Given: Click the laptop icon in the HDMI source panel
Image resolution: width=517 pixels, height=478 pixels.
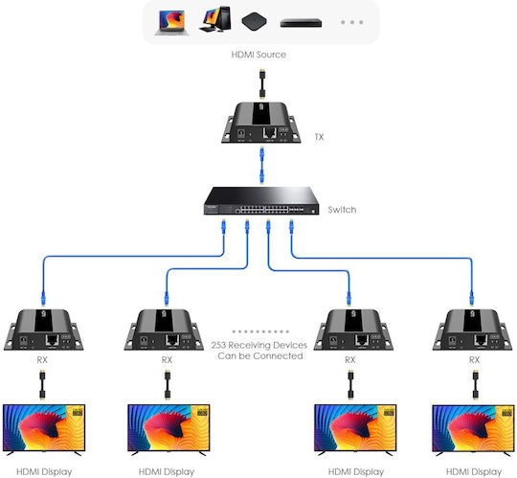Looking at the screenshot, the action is (x=171, y=23).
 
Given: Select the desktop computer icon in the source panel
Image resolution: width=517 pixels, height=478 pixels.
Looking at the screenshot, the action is (x=215, y=19).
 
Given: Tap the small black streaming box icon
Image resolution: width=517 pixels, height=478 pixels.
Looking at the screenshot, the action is (x=254, y=21).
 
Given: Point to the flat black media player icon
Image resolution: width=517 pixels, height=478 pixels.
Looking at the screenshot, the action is (x=301, y=23).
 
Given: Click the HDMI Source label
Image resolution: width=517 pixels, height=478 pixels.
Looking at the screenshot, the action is (x=258, y=55).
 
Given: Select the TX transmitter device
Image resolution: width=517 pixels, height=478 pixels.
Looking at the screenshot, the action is (x=260, y=123).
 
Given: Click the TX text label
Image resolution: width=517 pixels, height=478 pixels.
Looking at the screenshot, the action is (x=319, y=137).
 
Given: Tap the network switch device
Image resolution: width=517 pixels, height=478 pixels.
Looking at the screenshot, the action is (x=261, y=200).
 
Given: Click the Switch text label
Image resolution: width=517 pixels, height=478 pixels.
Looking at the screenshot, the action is (x=342, y=210).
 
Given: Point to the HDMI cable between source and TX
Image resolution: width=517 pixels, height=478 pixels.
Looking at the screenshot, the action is (x=262, y=83).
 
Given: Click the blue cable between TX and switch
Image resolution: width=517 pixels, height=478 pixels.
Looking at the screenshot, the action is (x=261, y=165).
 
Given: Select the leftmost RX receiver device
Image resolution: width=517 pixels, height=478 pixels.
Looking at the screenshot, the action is (x=43, y=330).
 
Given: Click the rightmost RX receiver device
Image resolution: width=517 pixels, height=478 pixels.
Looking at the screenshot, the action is (x=473, y=330).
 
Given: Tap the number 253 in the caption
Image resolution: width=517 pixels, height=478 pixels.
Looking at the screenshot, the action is (x=218, y=346).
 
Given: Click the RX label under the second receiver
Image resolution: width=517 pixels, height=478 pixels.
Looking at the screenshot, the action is (x=167, y=360).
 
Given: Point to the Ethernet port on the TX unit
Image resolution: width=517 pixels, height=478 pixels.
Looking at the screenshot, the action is (x=269, y=132).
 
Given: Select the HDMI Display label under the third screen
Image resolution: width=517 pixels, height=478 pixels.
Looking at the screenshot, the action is (x=356, y=472).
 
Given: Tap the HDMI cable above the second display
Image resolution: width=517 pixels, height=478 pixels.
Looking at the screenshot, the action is (x=168, y=385).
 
